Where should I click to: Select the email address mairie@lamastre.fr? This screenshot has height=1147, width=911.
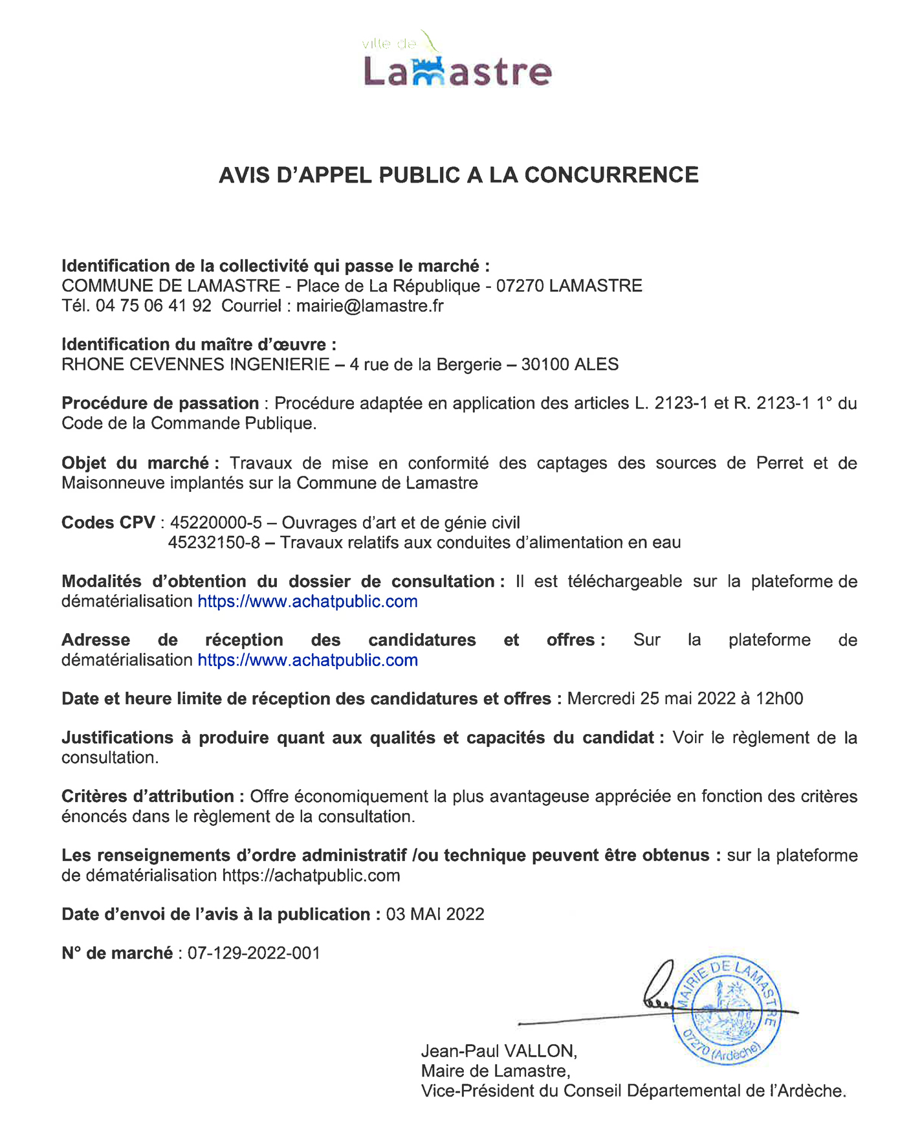coord(369,306)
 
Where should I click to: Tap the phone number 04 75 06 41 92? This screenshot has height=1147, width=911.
coord(153,306)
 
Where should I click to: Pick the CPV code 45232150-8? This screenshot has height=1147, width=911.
coord(214,542)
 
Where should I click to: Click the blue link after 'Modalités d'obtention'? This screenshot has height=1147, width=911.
coord(307,601)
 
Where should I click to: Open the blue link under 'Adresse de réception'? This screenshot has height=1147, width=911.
coord(307,660)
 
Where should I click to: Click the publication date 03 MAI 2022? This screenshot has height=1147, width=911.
coord(435,914)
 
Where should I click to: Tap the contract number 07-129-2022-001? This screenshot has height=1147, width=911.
coord(254,953)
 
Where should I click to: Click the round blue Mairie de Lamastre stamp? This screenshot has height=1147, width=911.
coord(726,1010)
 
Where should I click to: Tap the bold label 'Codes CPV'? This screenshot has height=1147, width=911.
coord(108,522)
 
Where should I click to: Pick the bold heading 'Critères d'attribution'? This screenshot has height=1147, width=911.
coord(152,796)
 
